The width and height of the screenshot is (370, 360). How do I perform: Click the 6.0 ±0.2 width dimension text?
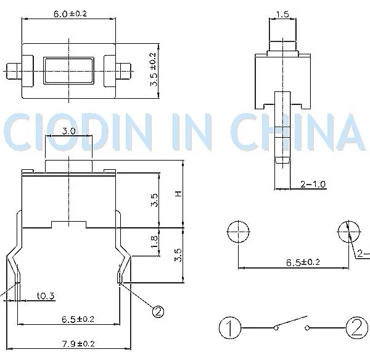70,14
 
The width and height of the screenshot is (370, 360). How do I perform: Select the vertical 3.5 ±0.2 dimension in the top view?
153,69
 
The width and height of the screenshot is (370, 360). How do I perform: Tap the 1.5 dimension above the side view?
282,14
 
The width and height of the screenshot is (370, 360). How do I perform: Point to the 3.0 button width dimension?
68,131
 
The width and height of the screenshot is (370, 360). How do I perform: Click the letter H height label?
179,193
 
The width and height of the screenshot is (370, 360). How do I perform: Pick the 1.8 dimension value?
154,241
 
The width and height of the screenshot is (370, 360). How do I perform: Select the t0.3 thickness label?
46,296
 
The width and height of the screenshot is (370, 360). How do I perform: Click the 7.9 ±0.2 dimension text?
78,344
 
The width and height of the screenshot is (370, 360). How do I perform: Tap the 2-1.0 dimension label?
313,184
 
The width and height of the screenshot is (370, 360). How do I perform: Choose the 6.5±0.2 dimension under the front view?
78,319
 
